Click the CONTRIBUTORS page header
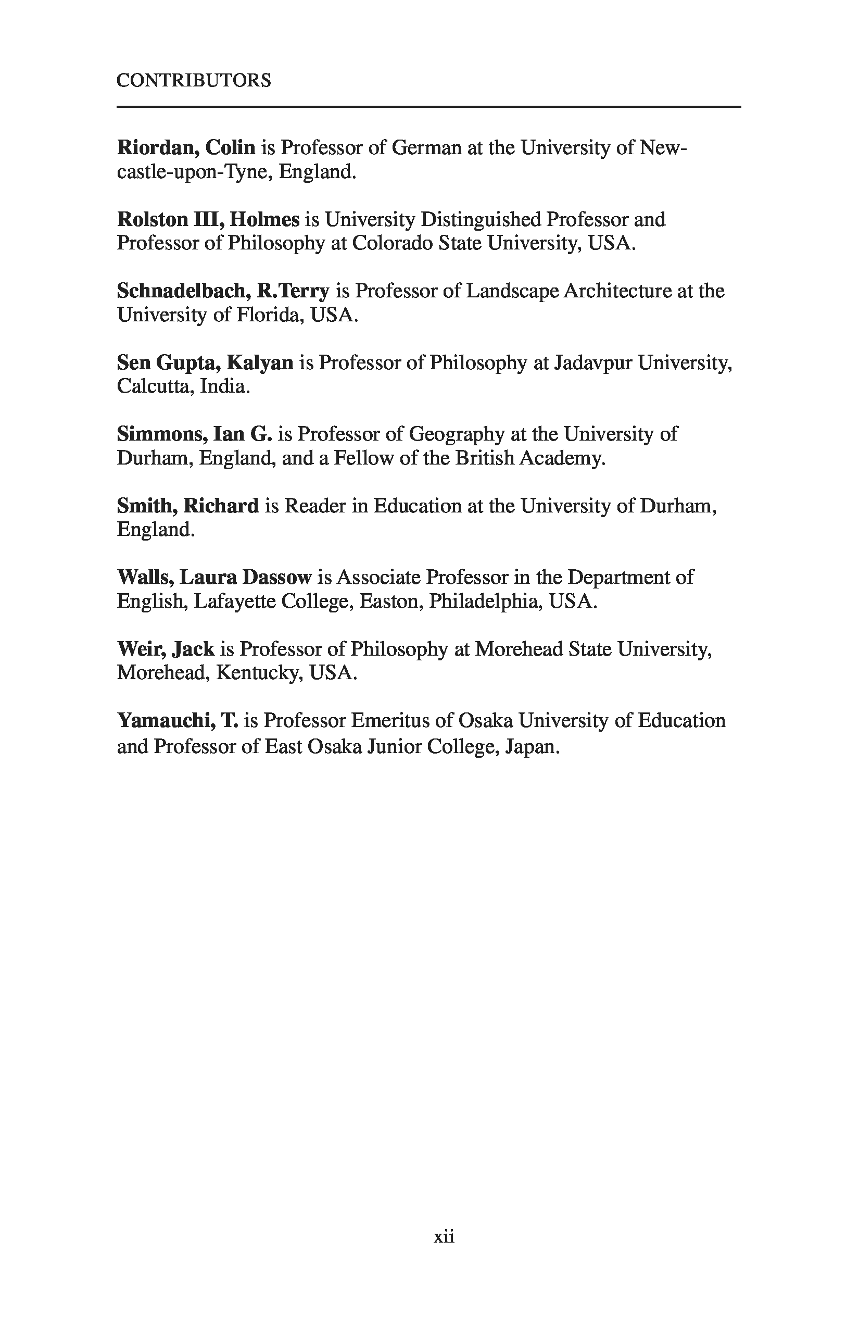(x=194, y=80)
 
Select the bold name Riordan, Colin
(x=186, y=147)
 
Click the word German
(x=427, y=147)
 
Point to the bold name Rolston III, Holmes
(x=208, y=219)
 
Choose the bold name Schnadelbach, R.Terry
(x=223, y=291)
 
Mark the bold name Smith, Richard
(x=187, y=506)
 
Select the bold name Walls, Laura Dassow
(x=213, y=577)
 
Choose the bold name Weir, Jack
(x=166, y=649)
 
